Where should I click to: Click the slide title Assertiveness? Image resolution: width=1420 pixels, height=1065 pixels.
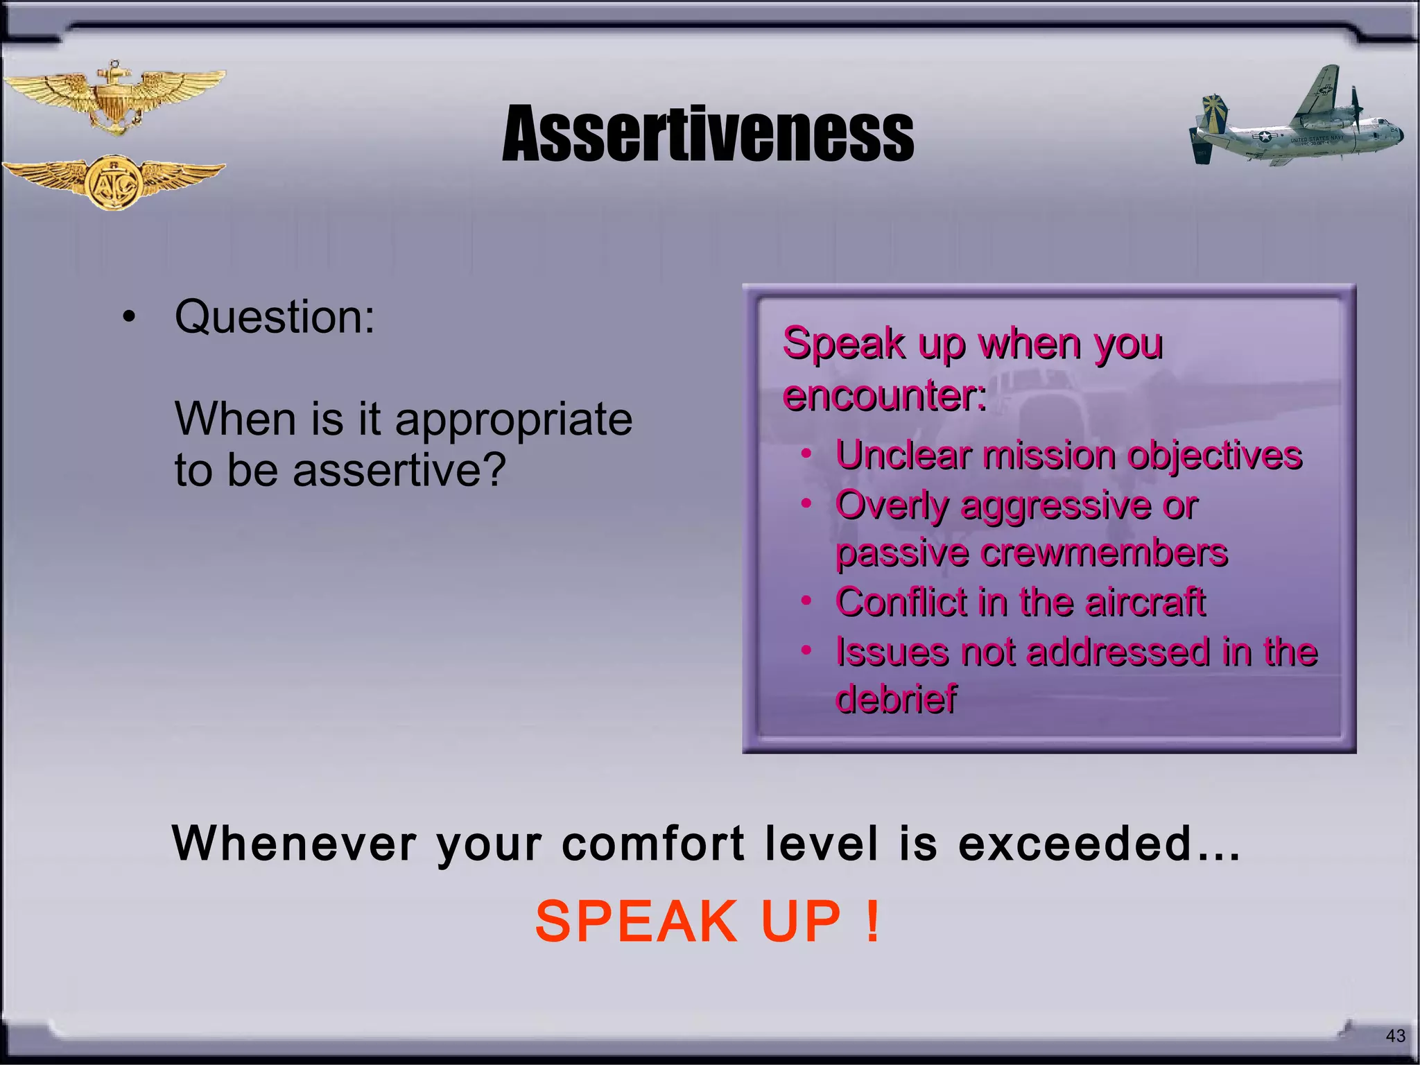[708, 134]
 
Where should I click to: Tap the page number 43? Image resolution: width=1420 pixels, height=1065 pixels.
[1395, 1036]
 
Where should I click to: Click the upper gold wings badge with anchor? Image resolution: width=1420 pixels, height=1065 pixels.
[114, 97]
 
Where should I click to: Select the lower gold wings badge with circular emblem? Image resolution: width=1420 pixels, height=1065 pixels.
[114, 182]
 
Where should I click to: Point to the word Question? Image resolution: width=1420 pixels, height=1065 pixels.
[275, 317]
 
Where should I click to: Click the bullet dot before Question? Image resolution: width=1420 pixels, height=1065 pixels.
[128, 318]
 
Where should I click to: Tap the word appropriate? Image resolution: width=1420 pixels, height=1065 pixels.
[513, 420]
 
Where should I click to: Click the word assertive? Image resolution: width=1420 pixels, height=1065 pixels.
[399, 471]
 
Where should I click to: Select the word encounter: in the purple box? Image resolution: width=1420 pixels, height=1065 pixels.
[885, 396]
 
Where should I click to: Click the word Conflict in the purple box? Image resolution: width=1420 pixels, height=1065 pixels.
[900, 601]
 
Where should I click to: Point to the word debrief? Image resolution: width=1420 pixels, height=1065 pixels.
[896, 698]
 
